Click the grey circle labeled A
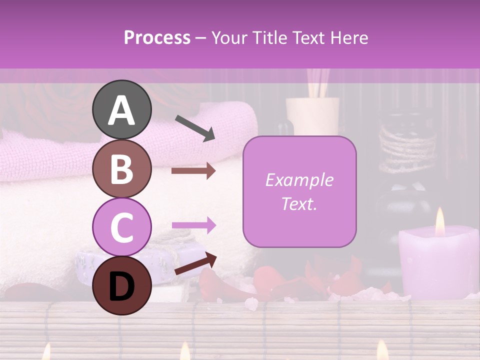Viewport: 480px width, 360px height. pyautogui.click(x=121, y=110)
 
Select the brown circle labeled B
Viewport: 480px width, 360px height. pyautogui.click(x=121, y=169)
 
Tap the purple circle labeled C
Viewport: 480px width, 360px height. pyautogui.click(x=121, y=227)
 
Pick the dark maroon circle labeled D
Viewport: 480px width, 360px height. pyautogui.click(x=121, y=286)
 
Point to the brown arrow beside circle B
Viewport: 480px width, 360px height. pyautogui.click(x=193, y=171)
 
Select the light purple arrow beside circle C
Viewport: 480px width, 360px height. pyautogui.click(x=193, y=225)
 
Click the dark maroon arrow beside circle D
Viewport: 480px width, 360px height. pyautogui.click(x=195, y=263)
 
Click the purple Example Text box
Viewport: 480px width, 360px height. pyautogui.click(x=299, y=191)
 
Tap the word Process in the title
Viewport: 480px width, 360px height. pyautogui.click(x=157, y=37)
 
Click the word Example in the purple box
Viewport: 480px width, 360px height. pyautogui.click(x=299, y=180)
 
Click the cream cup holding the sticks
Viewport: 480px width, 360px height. pyautogui.click(x=312, y=115)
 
